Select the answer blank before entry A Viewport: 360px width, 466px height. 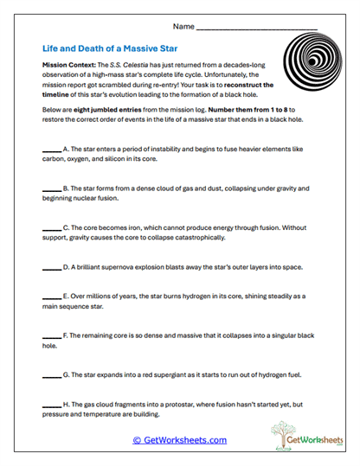pyautogui.click(x=51, y=149)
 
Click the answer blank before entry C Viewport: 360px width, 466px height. pyautogui.click(x=51, y=227)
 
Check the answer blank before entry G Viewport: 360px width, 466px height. pyautogui.click(x=51, y=374)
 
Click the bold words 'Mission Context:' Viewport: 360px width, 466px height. pyautogui.click(x=68, y=66)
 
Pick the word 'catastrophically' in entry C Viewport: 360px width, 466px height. pyautogui.click(x=192, y=237)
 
